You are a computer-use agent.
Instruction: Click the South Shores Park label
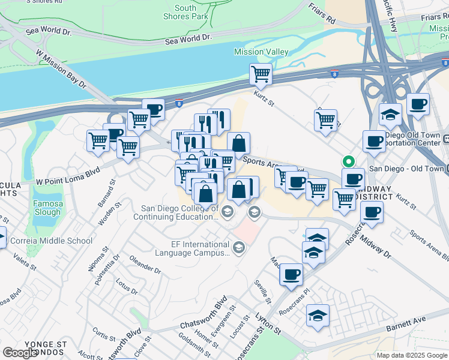[185, 12]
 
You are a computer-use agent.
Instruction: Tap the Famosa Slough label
[47, 208]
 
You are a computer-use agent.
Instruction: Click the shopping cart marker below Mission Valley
[261, 74]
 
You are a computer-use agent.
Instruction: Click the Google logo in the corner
[20, 352]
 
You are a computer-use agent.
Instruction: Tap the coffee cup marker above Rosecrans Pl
[291, 274]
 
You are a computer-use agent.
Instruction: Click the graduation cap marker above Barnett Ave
[318, 315]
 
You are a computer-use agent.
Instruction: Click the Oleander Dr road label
[145, 265]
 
